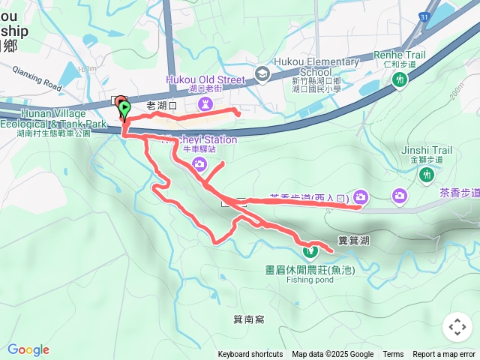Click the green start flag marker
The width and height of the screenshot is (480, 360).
(x=124, y=109)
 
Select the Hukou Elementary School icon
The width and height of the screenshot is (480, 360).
(x=262, y=73)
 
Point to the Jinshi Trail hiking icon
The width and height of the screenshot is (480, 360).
(x=427, y=175)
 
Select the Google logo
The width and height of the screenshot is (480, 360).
(x=28, y=350)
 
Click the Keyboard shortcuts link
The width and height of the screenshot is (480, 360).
(x=250, y=355)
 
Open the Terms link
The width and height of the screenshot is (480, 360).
(x=393, y=355)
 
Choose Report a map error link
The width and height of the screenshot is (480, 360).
(x=444, y=355)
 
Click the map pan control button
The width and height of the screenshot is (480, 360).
(x=457, y=327)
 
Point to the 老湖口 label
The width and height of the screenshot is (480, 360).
(x=161, y=106)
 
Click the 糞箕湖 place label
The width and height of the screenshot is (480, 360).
(x=355, y=241)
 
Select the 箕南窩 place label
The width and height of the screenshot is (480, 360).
(x=249, y=319)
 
